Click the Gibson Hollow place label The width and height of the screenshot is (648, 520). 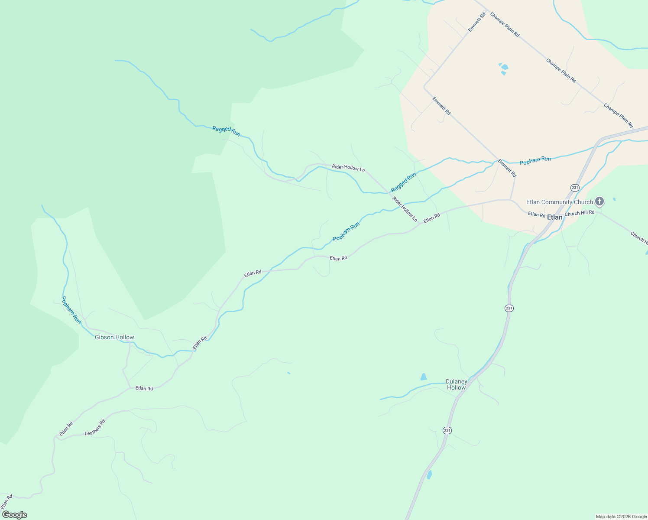click(114, 337)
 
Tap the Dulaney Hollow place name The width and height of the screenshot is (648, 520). click(457, 385)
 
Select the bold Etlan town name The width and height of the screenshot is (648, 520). click(555, 217)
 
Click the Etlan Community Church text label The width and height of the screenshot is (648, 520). click(559, 202)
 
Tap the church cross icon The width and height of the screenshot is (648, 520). click(599, 201)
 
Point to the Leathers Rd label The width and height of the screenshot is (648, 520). click(95, 427)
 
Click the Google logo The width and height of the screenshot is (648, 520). click(14, 515)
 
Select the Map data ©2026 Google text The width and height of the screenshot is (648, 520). click(621, 517)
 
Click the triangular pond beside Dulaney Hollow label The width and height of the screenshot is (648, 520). click(424, 377)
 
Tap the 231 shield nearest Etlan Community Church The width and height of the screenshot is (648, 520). click(575, 187)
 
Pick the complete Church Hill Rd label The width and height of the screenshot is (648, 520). click(579, 213)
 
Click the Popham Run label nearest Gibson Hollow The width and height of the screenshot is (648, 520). click(71, 309)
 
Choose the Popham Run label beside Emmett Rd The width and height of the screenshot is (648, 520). click(535, 160)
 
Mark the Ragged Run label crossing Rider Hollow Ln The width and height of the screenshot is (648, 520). click(403, 182)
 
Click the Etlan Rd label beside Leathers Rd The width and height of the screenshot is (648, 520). click(66, 429)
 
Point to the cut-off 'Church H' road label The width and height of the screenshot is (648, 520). click(638, 237)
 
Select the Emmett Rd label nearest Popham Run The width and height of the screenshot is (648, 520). click(507, 168)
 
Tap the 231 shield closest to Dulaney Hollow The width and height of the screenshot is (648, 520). click(447, 430)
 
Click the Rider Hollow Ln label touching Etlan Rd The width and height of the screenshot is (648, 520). click(405, 209)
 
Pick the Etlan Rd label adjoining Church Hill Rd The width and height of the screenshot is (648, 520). click(536, 214)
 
